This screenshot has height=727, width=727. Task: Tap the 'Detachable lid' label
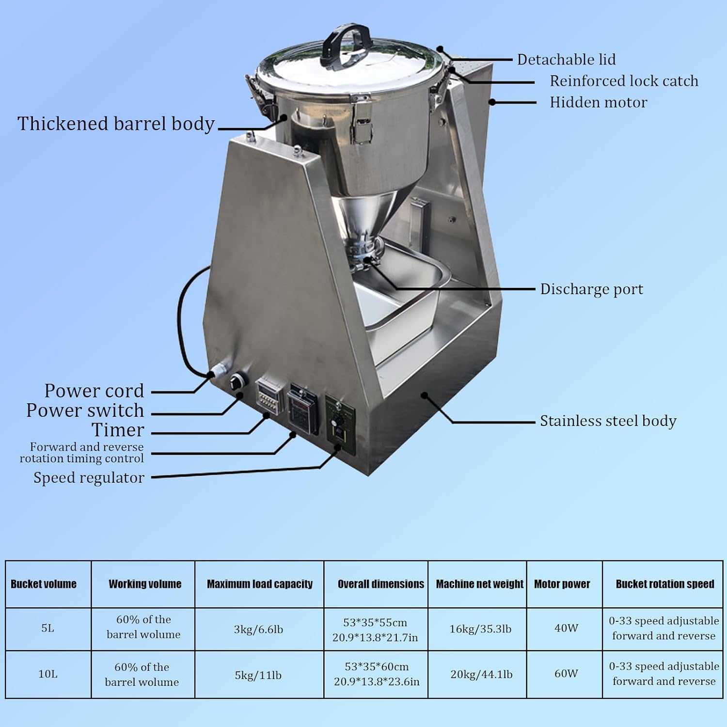[x=566, y=60]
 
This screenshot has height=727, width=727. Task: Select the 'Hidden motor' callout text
[x=598, y=102]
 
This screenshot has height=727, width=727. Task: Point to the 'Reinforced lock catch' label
[x=624, y=81]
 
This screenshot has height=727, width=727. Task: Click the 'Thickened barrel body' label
[x=116, y=124]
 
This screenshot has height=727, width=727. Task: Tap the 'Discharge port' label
[x=591, y=289]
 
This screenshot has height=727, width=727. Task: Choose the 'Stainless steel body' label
[x=608, y=421]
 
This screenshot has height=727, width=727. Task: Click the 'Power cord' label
[x=94, y=391]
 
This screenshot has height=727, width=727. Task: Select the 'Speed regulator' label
[x=89, y=478]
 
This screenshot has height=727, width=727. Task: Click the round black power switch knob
[x=236, y=380]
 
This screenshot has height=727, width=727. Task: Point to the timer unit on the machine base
[x=268, y=395]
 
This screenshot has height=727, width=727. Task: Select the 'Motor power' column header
[x=562, y=584]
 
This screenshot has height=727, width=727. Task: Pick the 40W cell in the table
[x=566, y=628]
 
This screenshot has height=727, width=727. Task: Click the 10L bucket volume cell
[x=47, y=674]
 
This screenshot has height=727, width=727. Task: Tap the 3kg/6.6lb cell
[x=258, y=630]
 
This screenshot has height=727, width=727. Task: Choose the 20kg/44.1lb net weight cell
[x=481, y=675]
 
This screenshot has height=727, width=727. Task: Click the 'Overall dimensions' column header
[x=380, y=584]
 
